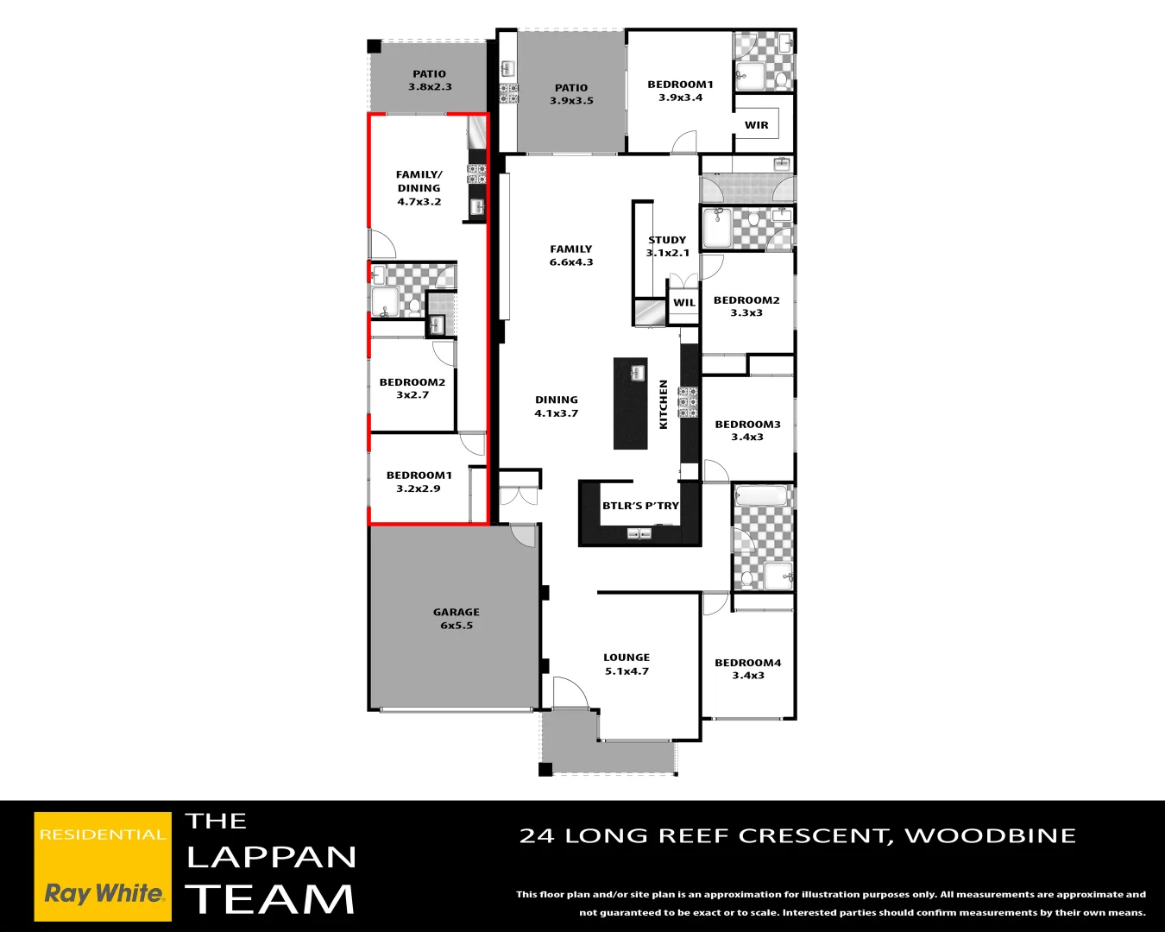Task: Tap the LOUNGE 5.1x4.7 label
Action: [x=627, y=664]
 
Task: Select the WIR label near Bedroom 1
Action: [x=756, y=125]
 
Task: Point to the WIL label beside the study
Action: [x=684, y=303]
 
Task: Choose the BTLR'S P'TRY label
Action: [x=640, y=506]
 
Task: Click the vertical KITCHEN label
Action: [x=664, y=404]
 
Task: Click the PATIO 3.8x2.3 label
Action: [x=430, y=80]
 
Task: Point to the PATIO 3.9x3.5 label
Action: [x=571, y=94]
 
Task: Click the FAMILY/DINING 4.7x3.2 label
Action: [x=419, y=188]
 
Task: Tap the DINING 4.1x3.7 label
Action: [x=557, y=406]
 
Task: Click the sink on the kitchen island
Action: [x=637, y=373]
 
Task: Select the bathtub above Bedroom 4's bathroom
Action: [x=761, y=496]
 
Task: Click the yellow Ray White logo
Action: [x=103, y=866]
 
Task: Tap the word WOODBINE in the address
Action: [x=990, y=835]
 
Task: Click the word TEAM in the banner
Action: [x=270, y=899]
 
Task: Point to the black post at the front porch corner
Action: [x=545, y=769]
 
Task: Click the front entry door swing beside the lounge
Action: [x=570, y=693]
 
